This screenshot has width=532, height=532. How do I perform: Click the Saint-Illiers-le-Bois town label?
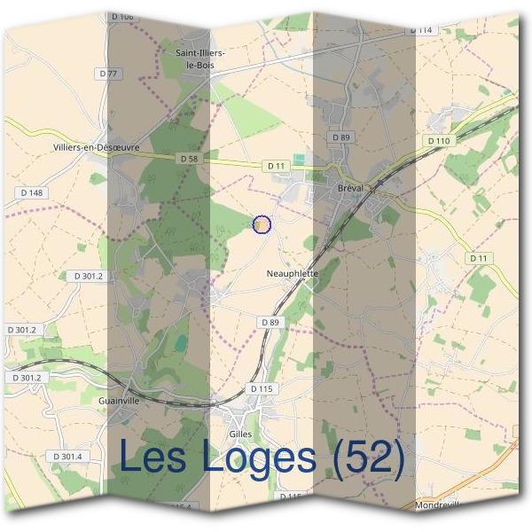201,59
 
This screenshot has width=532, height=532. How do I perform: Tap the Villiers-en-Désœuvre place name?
97,147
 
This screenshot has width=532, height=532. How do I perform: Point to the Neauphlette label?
292,275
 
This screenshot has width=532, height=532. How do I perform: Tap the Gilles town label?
239,434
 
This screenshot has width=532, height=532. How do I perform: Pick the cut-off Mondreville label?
438,505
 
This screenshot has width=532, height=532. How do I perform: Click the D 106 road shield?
123,17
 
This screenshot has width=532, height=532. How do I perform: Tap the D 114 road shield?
421,30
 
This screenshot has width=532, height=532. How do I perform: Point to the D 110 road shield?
438,141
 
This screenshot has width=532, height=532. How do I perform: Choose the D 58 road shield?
188,159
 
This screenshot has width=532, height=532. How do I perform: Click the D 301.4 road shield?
66,457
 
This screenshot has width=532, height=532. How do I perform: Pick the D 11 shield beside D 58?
275,166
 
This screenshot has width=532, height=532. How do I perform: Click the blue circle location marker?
262,224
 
